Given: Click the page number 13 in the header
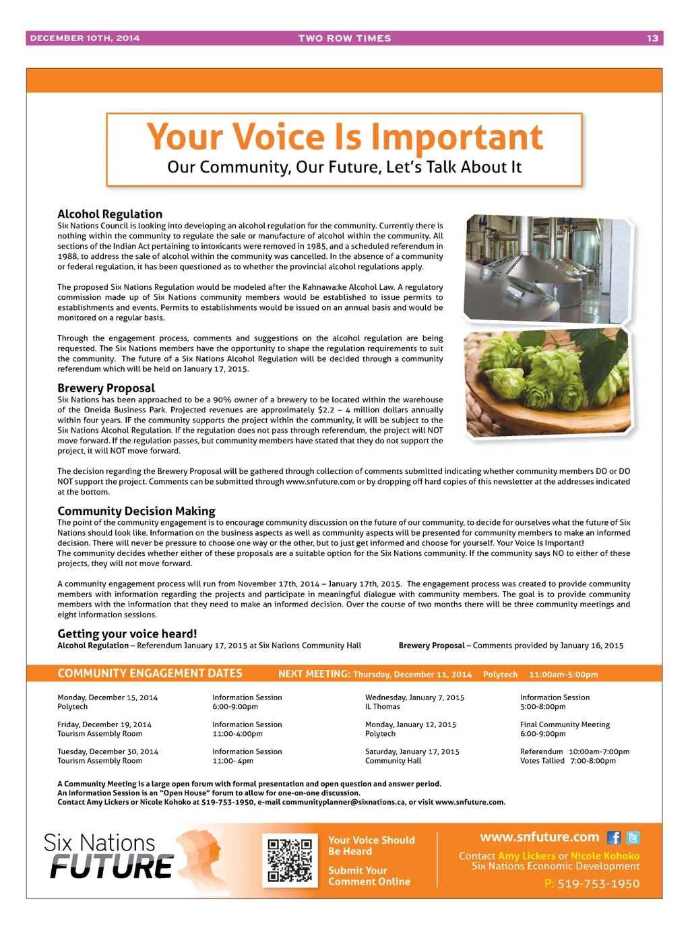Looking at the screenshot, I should [x=652, y=38].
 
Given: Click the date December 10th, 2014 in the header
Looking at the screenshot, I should [x=85, y=38].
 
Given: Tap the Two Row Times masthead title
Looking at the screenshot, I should [x=344, y=38].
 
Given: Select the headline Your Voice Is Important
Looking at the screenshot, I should [x=344, y=137].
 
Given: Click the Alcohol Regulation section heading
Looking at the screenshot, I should [x=110, y=214].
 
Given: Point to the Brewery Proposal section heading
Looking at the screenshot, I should [x=106, y=388].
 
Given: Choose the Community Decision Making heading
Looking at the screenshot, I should [x=136, y=511].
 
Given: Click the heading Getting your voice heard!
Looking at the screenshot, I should [x=127, y=633].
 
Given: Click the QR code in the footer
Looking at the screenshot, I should [x=290, y=860].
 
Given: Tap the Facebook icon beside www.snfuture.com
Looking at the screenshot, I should [x=614, y=838].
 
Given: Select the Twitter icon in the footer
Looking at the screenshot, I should [x=633, y=838].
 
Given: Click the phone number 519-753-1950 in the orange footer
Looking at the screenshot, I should [x=598, y=883].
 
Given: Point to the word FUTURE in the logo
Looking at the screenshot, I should [x=112, y=867].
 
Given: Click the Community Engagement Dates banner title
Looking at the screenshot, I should [x=150, y=673].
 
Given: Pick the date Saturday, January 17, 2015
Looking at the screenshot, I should [x=412, y=751].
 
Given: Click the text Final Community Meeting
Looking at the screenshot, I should [x=565, y=724].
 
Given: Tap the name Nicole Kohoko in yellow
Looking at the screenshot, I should [x=605, y=856].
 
